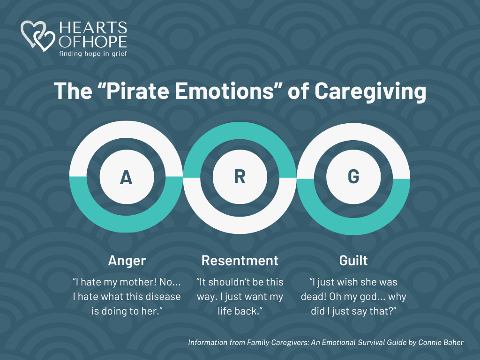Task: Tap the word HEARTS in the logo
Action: pyautogui.click(x=93, y=28)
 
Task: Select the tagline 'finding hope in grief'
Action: pyautogui.click(x=93, y=53)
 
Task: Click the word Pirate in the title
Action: pyautogui.click(x=137, y=91)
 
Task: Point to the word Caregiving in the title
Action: pyautogui.click(x=370, y=91)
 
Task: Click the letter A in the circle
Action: pyautogui.click(x=126, y=178)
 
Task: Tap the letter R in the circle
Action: pyautogui.click(x=240, y=177)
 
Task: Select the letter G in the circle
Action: pyautogui.click(x=353, y=177)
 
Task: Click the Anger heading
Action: pyautogui.click(x=127, y=261)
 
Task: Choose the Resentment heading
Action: pyautogui.click(x=240, y=261)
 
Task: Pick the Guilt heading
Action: pyautogui.click(x=353, y=261)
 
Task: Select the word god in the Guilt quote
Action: pyautogui.click(x=369, y=297)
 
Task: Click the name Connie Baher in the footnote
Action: pyautogui.click(x=441, y=343)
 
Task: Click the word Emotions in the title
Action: pyautogui.click(x=225, y=91)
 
